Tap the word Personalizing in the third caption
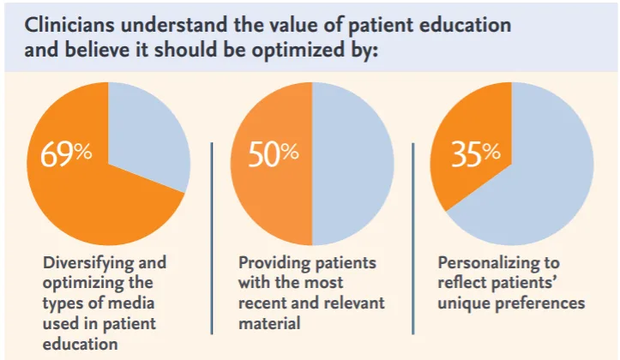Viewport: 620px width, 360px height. [483, 261]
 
